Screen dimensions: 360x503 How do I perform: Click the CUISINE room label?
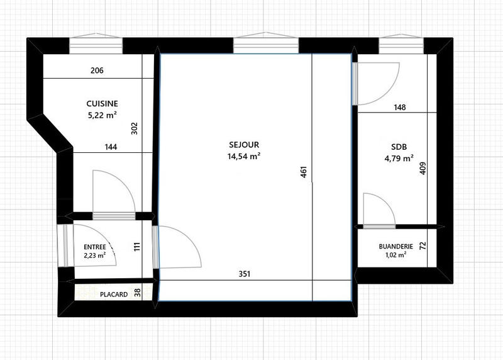click(x=102, y=104)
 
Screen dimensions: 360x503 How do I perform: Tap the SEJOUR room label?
click(x=245, y=144)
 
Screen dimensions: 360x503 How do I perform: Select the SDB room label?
click(x=399, y=147)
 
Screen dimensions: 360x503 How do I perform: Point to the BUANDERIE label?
click(x=395, y=246)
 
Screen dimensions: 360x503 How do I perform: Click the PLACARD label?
click(x=114, y=294)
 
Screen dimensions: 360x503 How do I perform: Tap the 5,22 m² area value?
click(x=102, y=115)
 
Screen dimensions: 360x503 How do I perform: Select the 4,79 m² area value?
click(x=399, y=159)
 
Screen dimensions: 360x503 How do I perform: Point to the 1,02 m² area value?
click(x=395, y=255)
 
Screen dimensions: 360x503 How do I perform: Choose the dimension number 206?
click(x=97, y=70)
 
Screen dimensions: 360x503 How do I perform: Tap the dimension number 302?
click(x=133, y=128)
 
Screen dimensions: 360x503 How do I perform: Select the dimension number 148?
click(x=399, y=107)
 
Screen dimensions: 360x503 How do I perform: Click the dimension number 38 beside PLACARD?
click(x=138, y=292)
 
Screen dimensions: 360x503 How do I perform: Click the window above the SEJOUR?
click(x=266, y=46)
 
